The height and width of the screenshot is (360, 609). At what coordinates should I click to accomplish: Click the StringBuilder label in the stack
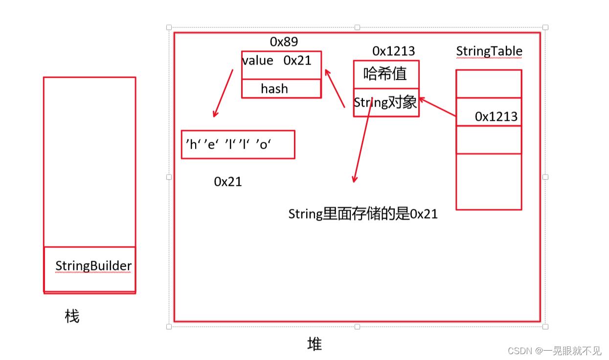pyautogui.click(x=93, y=266)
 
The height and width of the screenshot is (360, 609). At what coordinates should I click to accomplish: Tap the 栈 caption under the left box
pyautogui.click(x=72, y=316)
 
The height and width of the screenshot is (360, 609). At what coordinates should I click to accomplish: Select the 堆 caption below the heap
pyautogui.click(x=315, y=344)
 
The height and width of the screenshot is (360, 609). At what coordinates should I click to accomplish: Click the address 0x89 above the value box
pyautogui.click(x=284, y=42)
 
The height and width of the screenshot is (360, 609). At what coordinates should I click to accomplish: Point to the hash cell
pyautogui.click(x=274, y=89)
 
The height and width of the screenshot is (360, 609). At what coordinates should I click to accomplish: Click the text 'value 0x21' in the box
pyautogui.click(x=277, y=61)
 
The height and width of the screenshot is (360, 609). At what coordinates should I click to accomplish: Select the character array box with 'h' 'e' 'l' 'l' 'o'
pyautogui.click(x=238, y=144)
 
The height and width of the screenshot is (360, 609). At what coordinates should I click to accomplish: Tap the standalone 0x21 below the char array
pyautogui.click(x=228, y=181)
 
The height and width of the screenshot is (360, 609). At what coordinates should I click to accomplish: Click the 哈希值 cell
pyautogui.click(x=385, y=74)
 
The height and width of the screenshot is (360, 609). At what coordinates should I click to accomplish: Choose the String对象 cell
pyautogui.click(x=385, y=102)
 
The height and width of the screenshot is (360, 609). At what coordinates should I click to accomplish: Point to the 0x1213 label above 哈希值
pyautogui.click(x=393, y=51)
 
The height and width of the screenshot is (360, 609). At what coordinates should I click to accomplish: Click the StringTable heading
pyautogui.click(x=489, y=51)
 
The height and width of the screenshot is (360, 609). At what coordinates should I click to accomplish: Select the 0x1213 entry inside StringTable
pyautogui.click(x=496, y=116)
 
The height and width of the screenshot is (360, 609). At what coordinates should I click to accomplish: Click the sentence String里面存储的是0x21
pyautogui.click(x=363, y=214)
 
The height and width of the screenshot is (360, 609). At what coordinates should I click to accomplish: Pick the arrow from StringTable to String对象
pyautogui.click(x=437, y=107)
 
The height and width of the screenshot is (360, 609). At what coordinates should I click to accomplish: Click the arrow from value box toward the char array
pyautogui.click(x=223, y=93)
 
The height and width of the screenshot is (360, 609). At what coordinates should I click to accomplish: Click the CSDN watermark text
pyautogui.click(x=554, y=350)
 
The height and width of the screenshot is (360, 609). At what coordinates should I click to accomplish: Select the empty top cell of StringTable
pyautogui.click(x=489, y=84)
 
